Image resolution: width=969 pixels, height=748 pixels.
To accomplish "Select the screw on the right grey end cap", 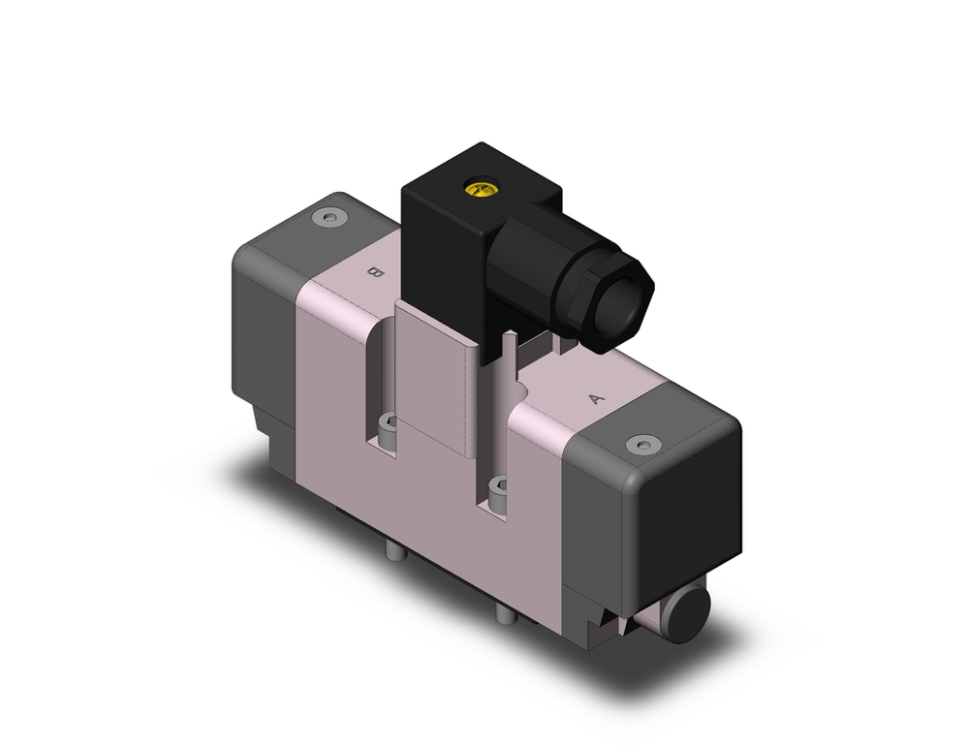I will (641, 444).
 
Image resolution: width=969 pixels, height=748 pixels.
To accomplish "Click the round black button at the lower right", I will (689, 612).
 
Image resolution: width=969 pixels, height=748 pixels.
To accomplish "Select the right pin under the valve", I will (504, 614).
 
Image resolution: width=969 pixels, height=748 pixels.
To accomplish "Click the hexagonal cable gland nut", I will (610, 300).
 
